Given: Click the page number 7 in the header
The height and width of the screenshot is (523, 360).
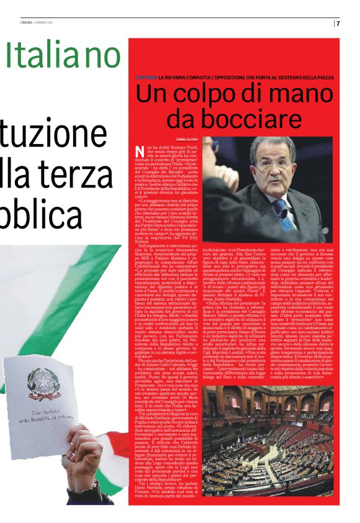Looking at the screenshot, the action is (338, 24).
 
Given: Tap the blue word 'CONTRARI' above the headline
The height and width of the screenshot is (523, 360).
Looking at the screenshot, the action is (146, 77).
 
